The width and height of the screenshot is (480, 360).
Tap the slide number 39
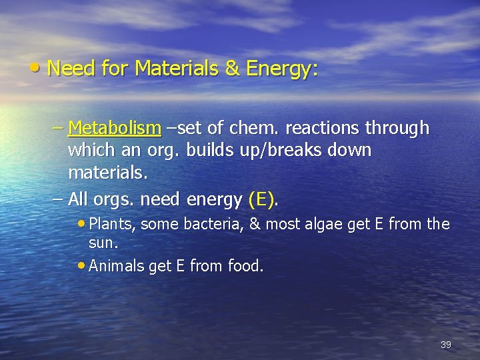[446, 345]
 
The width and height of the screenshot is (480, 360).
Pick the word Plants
[113, 224]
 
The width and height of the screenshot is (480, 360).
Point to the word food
[245, 267]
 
